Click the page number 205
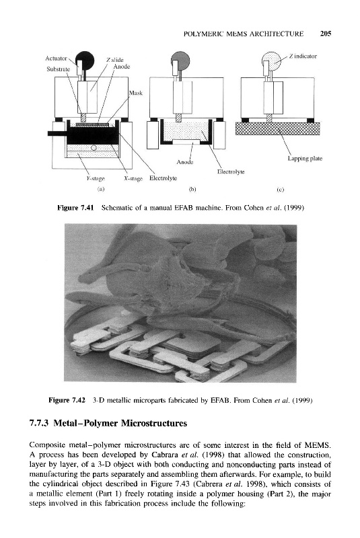click(x=325, y=34)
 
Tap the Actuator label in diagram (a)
click(x=56, y=59)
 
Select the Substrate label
click(x=58, y=69)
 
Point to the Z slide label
click(x=115, y=60)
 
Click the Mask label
click(x=135, y=93)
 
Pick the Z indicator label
click(x=303, y=56)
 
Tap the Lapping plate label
click(x=305, y=159)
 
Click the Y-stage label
click(x=96, y=178)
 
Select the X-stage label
click(x=133, y=178)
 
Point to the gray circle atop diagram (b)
click(x=181, y=59)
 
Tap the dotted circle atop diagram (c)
click(x=271, y=61)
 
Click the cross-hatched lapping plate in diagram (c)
click(x=277, y=128)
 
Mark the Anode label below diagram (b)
click(x=185, y=162)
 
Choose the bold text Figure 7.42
click(x=67, y=400)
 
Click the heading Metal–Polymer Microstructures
click(x=120, y=423)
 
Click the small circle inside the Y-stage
click(x=94, y=147)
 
